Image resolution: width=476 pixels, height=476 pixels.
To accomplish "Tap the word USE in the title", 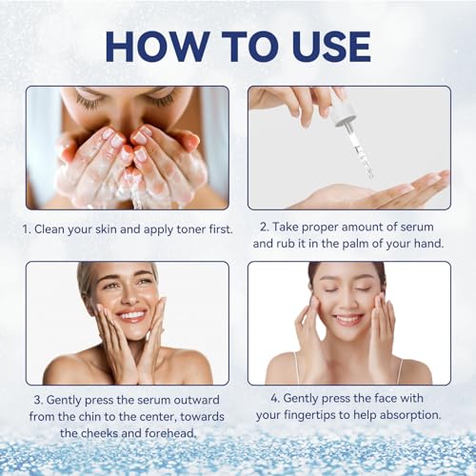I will tap(321, 46).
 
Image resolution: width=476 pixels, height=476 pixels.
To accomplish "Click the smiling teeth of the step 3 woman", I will tap(131, 316).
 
